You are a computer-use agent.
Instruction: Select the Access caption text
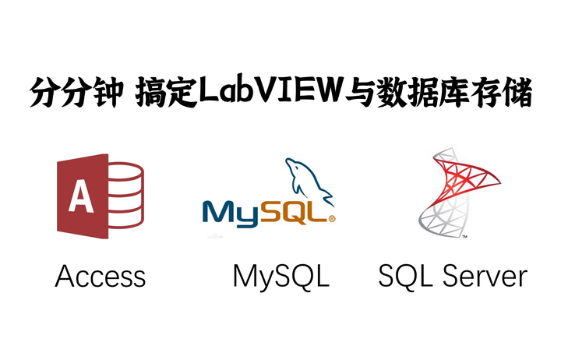tap(101, 276)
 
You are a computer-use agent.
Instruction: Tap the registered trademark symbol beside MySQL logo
tap(332, 220)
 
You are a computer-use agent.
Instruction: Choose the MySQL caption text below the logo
tap(280, 276)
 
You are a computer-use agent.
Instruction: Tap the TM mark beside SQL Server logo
tap(464, 235)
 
